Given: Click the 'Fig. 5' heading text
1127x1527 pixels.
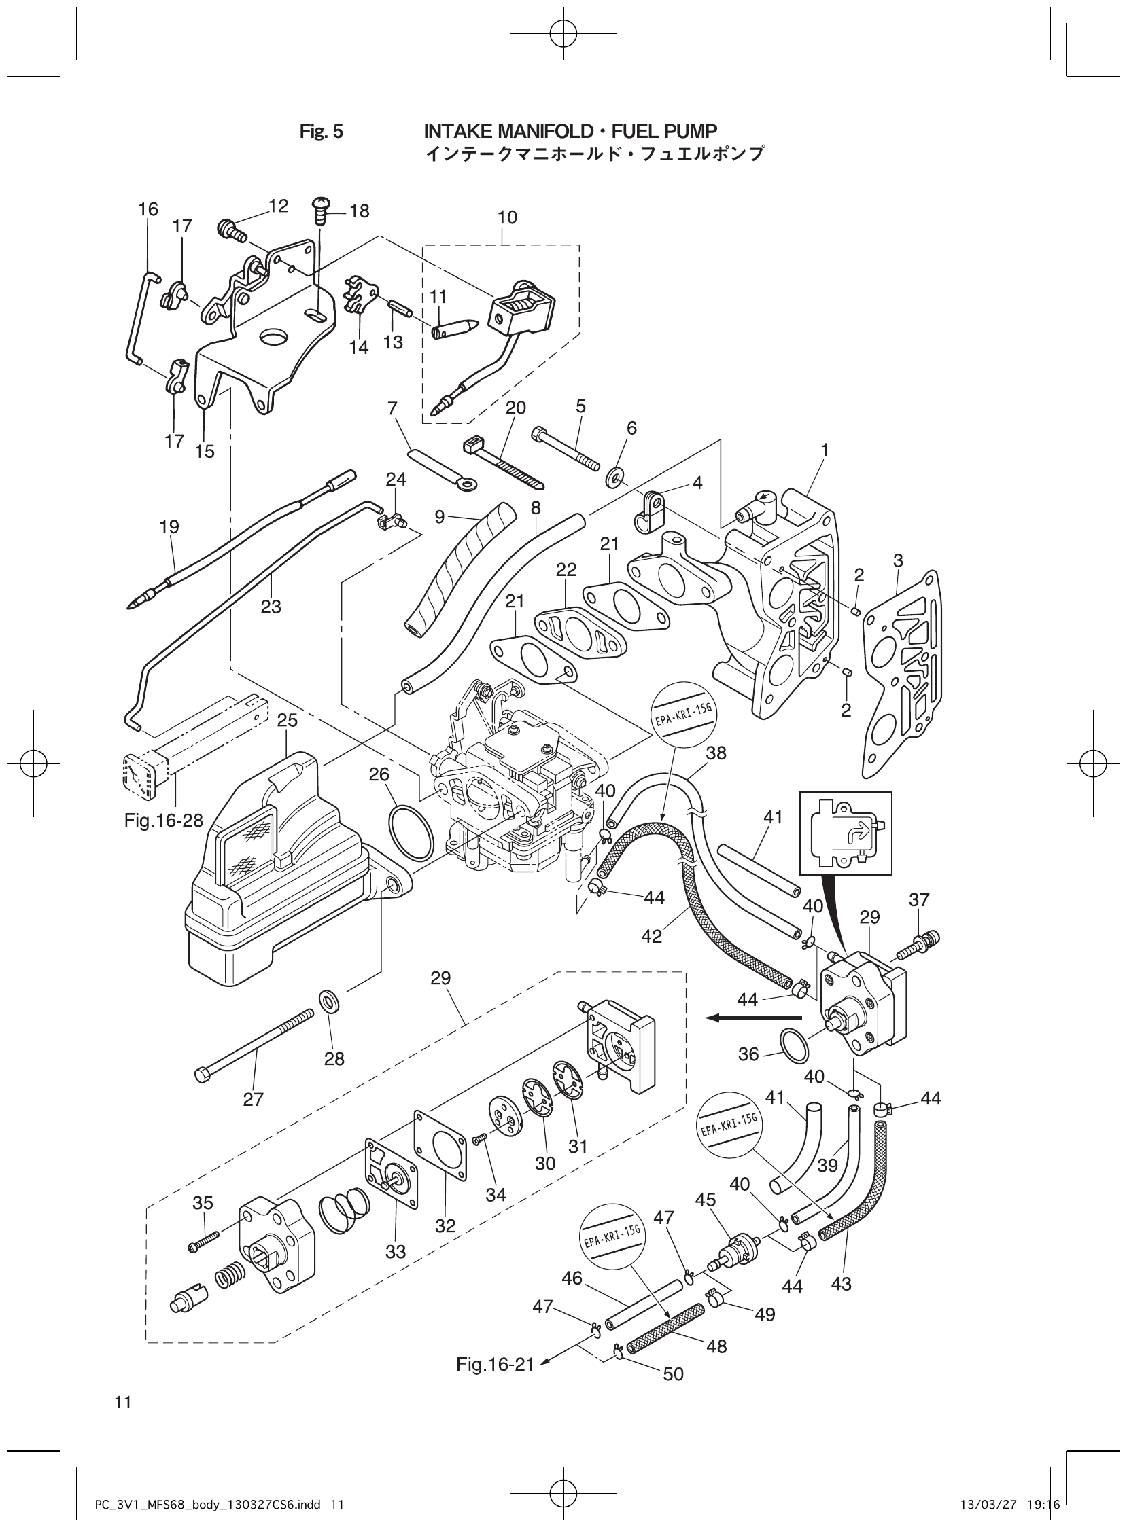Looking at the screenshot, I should pos(322,132).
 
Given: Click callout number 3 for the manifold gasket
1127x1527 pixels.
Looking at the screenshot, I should pos(898,560).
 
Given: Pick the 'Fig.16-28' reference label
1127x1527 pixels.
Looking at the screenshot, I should pos(164,821).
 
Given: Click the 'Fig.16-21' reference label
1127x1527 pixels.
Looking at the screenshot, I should pos(496,1365).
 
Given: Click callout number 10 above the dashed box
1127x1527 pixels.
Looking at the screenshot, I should pos(507,217).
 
